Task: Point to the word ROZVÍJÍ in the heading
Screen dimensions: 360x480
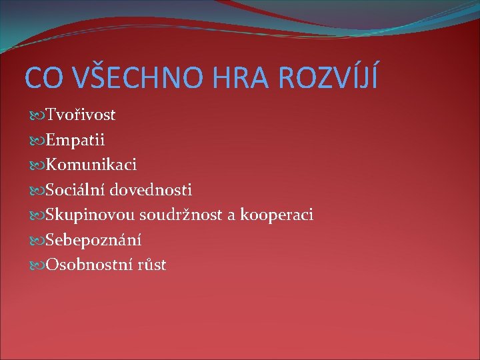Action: coord(328,77)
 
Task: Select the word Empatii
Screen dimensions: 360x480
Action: coord(75,141)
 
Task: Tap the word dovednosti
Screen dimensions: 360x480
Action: coord(151,191)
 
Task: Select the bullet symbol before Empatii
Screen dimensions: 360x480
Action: coord(37,141)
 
